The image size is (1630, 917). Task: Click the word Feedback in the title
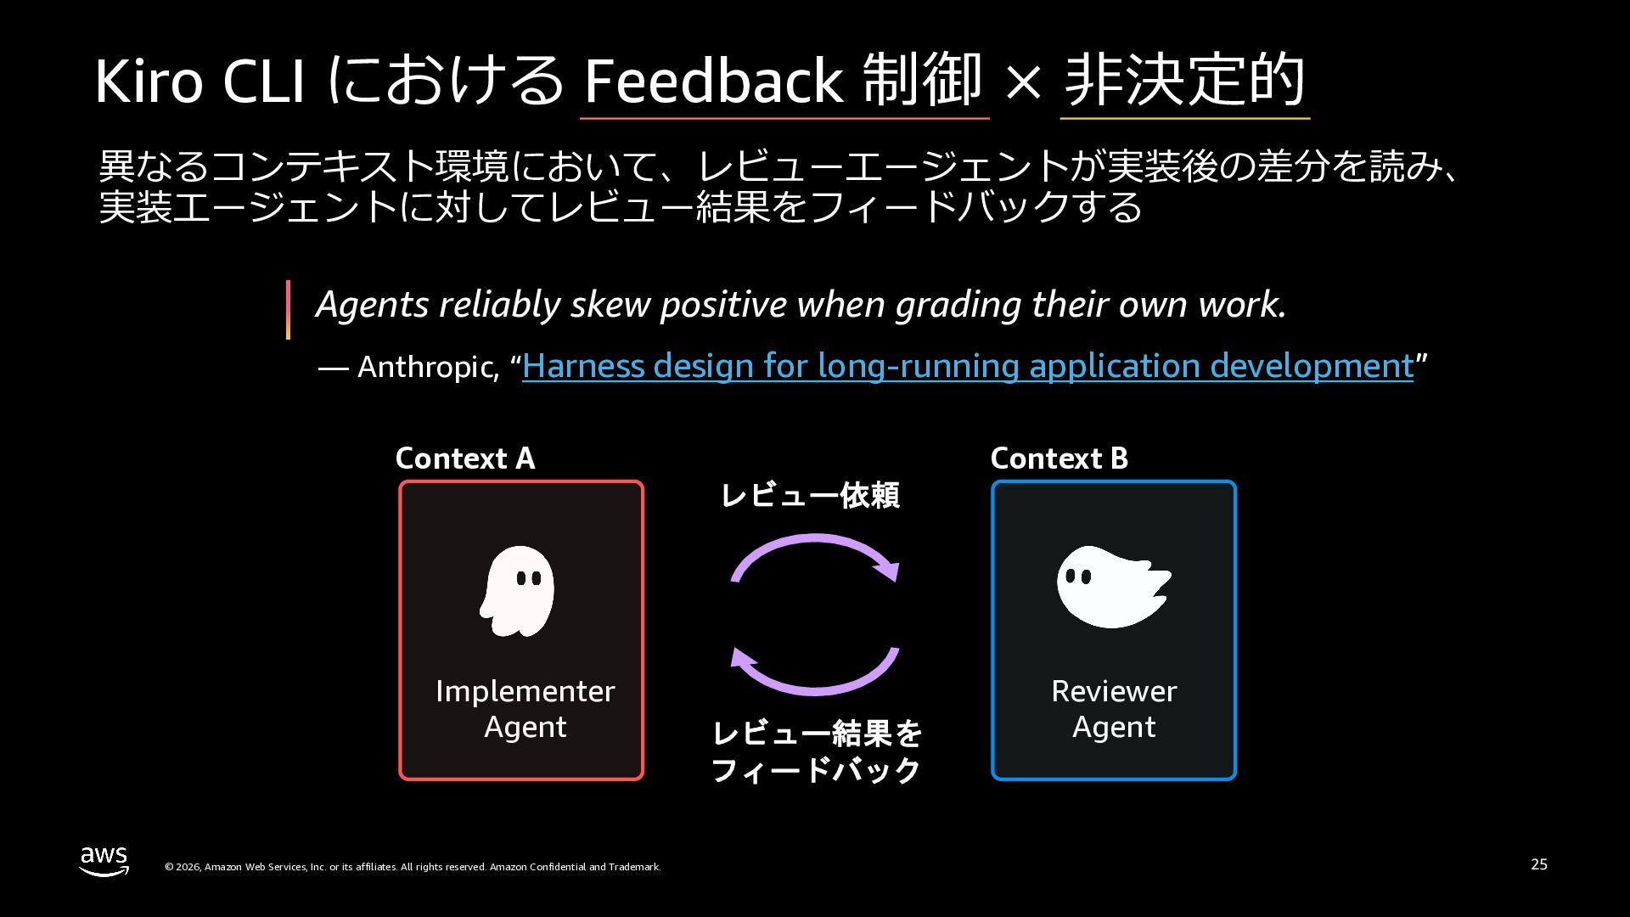(713, 81)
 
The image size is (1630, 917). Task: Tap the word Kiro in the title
(149, 82)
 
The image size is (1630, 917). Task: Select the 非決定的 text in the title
(1184, 80)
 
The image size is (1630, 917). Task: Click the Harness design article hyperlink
(968, 366)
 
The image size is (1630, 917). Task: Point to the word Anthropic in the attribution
(428, 367)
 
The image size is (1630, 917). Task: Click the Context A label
(465, 458)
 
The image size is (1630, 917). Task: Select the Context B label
(1059, 458)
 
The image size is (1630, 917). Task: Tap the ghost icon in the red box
(517, 591)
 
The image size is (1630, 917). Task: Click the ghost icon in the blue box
(1113, 587)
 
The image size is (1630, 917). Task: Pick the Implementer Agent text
(525, 709)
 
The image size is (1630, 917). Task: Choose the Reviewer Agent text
(1114, 709)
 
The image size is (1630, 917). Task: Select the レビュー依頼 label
(810, 495)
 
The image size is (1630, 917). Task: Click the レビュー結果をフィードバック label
(816, 751)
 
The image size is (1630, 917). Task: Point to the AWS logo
(104, 860)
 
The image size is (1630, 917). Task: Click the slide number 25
(1539, 864)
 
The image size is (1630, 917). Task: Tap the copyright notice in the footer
(413, 867)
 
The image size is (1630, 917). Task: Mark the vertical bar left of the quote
(289, 310)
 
